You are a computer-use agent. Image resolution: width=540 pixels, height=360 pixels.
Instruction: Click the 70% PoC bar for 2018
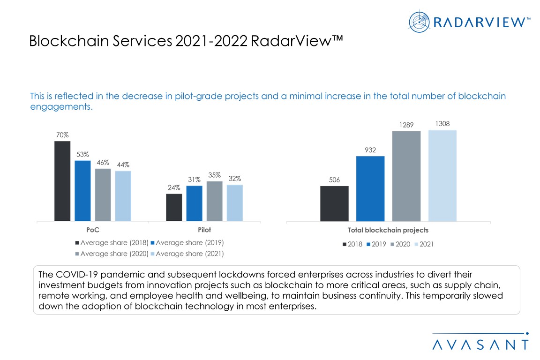(x=62, y=181)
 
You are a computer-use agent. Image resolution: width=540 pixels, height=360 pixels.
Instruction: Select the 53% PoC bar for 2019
(x=82, y=191)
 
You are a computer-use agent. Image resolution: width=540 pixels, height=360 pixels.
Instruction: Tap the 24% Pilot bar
(x=174, y=207)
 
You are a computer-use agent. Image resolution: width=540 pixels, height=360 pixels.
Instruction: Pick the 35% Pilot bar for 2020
(x=214, y=201)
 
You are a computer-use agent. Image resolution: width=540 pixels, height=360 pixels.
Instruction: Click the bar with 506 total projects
(x=334, y=203)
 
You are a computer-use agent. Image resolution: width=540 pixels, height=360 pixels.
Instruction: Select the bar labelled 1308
(x=442, y=175)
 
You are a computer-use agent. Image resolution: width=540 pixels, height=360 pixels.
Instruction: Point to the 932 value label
(x=370, y=150)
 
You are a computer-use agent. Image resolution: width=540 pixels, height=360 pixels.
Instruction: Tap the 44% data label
(x=123, y=165)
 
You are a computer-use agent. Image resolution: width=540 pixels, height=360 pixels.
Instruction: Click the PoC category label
(x=93, y=230)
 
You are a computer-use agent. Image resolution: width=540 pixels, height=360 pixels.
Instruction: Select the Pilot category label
(x=204, y=230)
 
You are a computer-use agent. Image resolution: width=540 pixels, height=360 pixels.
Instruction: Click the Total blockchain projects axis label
(x=388, y=230)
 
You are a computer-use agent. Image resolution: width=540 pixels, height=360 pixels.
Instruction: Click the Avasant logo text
(x=480, y=345)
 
